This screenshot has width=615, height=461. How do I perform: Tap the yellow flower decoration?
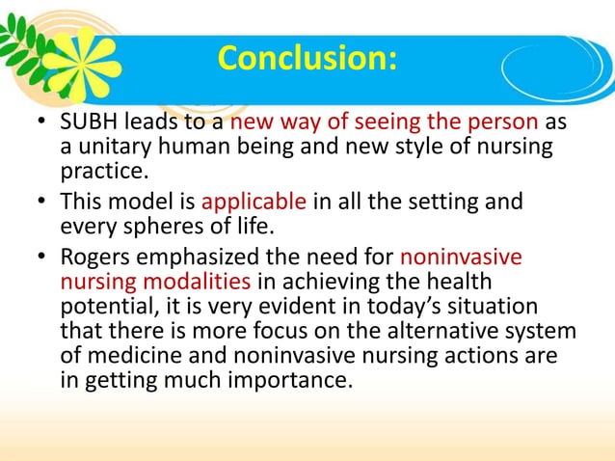point(85,59)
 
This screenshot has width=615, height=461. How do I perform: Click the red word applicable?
point(254,203)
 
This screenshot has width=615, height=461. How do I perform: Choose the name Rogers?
point(98,258)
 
